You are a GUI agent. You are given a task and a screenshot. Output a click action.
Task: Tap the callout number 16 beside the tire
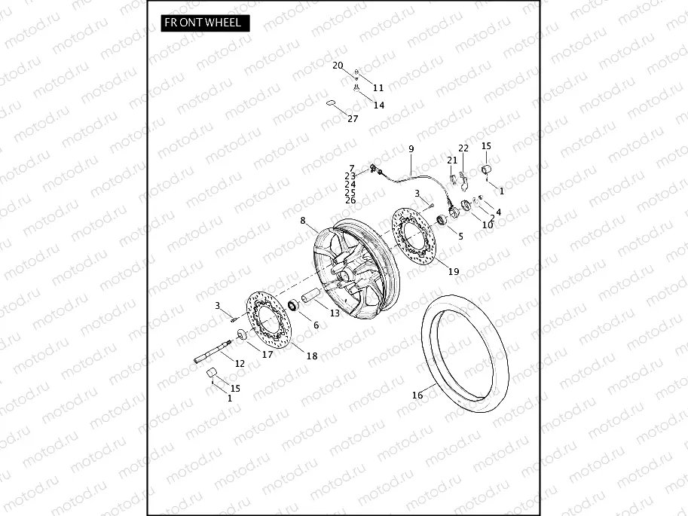417,395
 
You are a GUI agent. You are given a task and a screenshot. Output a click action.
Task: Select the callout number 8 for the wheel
303,221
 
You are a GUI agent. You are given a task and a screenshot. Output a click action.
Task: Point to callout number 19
454,271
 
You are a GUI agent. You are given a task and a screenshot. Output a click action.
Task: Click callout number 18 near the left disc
311,356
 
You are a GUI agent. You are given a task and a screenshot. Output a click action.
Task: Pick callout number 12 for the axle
240,363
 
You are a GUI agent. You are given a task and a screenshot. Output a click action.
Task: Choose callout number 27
353,119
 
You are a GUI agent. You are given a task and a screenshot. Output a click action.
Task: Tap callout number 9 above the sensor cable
411,149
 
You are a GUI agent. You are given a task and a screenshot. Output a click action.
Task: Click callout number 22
463,148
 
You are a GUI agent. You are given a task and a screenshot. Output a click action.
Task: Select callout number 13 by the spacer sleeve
335,312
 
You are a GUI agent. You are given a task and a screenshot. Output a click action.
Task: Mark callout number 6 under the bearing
316,325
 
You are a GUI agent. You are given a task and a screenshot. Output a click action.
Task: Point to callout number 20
338,66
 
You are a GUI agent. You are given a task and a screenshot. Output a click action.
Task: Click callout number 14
378,105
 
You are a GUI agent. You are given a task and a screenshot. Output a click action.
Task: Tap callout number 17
268,354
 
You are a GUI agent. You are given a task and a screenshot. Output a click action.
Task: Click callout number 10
488,224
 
